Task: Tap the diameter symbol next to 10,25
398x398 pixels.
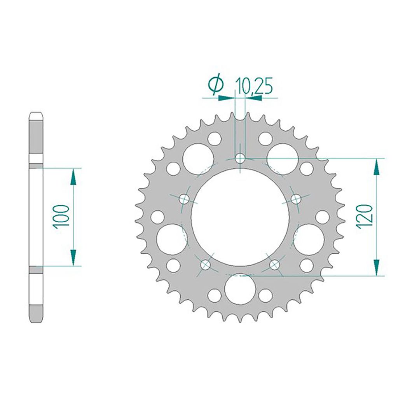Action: (x=216, y=85)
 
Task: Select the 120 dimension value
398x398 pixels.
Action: (x=365, y=217)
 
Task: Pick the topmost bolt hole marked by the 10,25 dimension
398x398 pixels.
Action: (x=240, y=159)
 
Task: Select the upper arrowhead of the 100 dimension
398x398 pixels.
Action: (x=73, y=177)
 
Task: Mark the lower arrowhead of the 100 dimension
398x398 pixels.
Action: (x=73, y=257)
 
